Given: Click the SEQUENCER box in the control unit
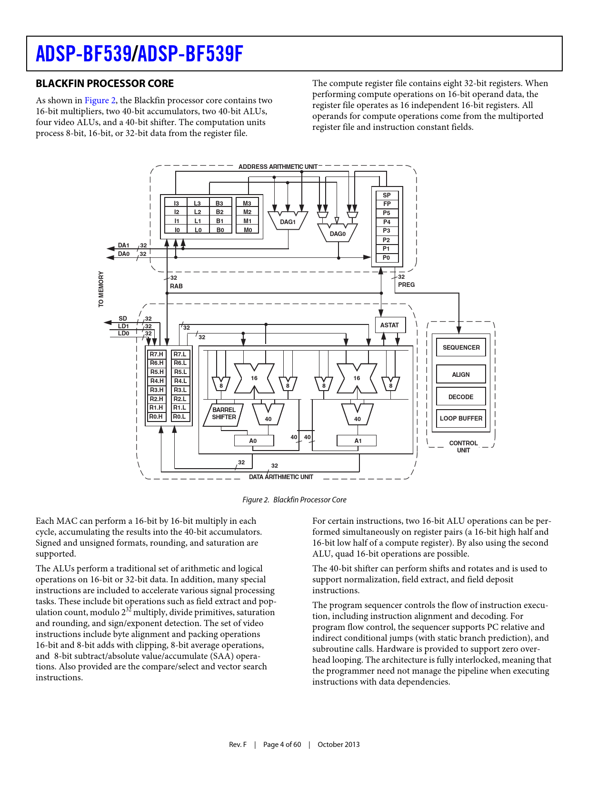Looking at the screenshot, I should coord(461,347).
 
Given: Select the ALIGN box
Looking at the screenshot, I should coord(461,374).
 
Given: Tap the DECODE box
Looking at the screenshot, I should coord(461,397).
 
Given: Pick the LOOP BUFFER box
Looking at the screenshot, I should coord(461,419).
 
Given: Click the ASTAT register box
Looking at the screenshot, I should coord(389,325).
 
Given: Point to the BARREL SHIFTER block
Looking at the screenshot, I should coord(223,414).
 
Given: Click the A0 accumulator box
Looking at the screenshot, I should coord(253,441).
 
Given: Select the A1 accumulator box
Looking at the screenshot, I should coord(357,441).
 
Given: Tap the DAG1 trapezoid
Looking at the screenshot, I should coord(288,221).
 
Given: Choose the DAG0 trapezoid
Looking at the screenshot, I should coord(338,233).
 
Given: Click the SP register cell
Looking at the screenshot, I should coord(387,195).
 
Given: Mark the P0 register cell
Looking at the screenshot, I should coord(387,258).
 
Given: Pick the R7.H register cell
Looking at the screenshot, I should coord(156,354).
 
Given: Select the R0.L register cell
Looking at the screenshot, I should coord(179,417).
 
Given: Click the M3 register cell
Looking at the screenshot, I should coord(247,204).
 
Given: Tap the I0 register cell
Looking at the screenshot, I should coord(177,230).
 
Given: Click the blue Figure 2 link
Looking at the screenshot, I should coord(100,100).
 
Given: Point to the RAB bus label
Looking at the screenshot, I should coord(176,286).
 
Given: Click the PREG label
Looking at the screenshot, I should coord(406,285).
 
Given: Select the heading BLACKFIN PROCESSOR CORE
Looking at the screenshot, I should coord(105,84).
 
